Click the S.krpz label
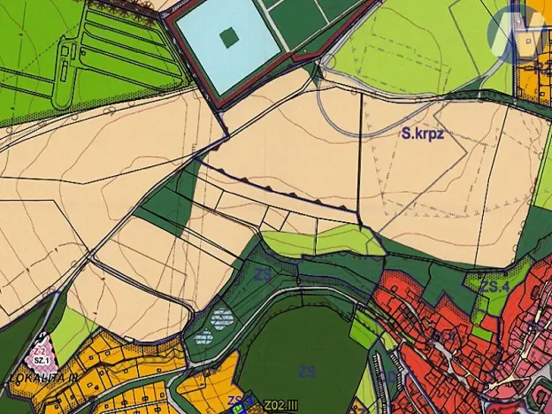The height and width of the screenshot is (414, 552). (x=421, y=134)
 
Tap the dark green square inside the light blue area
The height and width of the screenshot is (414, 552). (x=229, y=37)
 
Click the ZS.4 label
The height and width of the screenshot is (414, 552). (x=495, y=287)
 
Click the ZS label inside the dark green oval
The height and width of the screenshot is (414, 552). (x=307, y=371)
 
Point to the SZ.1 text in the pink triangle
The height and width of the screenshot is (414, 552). (x=41, y=361)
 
